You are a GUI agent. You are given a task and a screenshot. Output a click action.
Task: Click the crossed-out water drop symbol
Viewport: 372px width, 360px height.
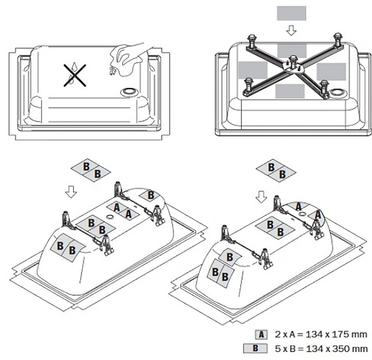point(75,76)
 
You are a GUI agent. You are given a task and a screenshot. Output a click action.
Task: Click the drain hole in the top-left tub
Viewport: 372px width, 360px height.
point(130,92)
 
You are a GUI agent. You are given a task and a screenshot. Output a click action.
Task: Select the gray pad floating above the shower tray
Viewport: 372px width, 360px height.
point(291,13)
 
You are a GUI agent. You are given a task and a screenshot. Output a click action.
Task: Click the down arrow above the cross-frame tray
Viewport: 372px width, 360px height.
point(291,31)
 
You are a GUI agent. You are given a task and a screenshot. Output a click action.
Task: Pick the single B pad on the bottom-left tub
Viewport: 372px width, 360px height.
point(149,195)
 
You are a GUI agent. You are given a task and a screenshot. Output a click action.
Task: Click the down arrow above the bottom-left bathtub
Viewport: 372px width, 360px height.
point(71,191)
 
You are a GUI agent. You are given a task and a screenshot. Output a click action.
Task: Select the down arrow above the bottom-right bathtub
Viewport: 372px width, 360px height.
point(261,196)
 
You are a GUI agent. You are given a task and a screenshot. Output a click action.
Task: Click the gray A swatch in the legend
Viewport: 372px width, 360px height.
point(261,334)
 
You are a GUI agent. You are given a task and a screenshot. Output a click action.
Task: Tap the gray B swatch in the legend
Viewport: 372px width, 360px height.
point(256,348)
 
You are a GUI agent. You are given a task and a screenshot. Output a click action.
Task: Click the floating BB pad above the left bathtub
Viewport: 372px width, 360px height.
point(91,170)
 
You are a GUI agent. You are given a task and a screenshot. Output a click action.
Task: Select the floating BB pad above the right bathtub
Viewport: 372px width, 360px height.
point(276,171)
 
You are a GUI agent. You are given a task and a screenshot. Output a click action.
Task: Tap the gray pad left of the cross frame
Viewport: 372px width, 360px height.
point(253,70)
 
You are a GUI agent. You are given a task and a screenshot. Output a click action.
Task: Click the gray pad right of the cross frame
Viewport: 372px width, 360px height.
point(331,72)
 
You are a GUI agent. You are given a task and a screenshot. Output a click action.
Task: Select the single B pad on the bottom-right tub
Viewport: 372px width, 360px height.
point(229,257)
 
